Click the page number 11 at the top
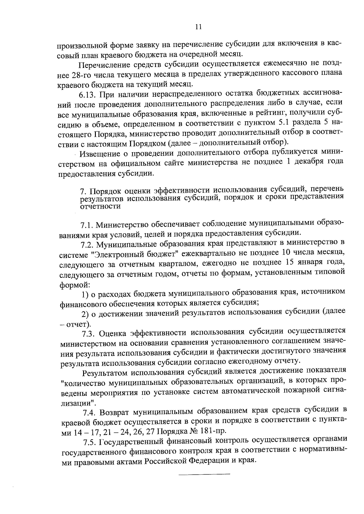pos(198,27)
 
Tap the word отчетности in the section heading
pos(100,207)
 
